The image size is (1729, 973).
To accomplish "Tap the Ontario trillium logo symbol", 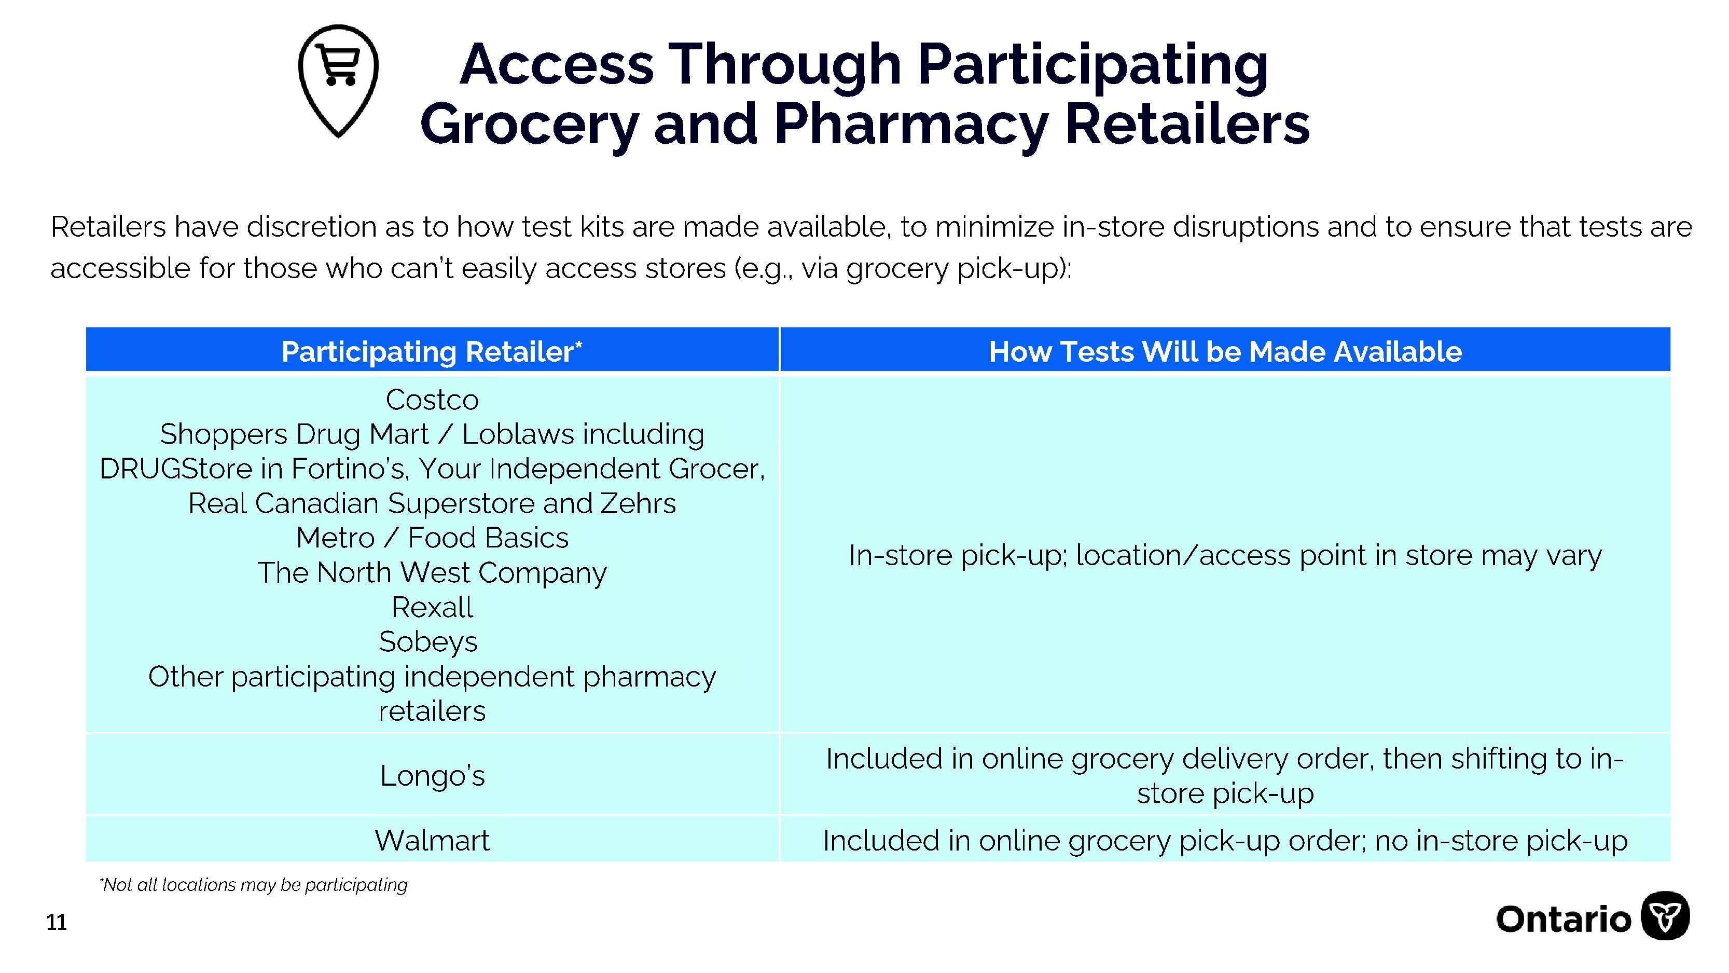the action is click(1665, 915).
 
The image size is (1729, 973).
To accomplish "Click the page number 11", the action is click(57, 923).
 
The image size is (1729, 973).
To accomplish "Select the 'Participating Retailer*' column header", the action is click(432, 351).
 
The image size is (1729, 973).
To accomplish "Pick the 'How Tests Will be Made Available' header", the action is click(1225, 351).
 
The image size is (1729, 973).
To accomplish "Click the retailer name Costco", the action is click(432, 400).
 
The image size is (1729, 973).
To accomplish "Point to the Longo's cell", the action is click(432, 775).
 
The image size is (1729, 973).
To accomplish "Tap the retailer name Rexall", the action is click(432, 607).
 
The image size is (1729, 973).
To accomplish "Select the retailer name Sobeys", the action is click(428, 642).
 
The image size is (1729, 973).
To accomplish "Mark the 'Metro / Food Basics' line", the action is click(432, 537).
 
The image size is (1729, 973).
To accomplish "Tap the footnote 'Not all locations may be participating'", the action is click(253, 885).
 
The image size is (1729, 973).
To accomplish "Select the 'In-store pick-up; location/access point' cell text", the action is click(1225, 555).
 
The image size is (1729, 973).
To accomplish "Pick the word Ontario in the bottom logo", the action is click(1563, 919).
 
